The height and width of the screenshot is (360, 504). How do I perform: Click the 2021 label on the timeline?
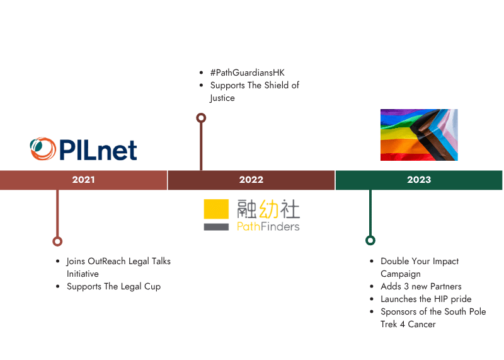pyautogui.click(x=83, y=180)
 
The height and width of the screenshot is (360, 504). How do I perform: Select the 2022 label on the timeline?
pyautogui.click(x=251, y=180)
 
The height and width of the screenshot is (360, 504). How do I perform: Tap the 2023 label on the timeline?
pyautogui.click(x=419, y=180)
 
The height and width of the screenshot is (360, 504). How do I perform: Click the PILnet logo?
pyautogui.click(x=84, y=149)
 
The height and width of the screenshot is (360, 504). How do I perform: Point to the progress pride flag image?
pyautogui.click(x=419, y=135)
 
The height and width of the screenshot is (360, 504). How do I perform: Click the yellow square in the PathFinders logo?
pyautogui.click(x=216, y=210)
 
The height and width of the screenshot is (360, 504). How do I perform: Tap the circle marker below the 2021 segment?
pyautogui.click(x=57, y=241)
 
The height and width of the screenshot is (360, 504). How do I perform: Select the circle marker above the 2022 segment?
pyautogui.click(x=201, y=117)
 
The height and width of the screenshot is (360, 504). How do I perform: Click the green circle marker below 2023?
pyautogui.click(x=370, y=240)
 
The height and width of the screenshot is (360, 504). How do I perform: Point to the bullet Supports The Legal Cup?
pyautogui.click(x=113, y=286)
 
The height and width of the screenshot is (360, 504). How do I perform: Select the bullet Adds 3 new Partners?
pyautogui.click(x=421, y=286)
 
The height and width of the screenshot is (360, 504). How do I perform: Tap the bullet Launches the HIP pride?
pyautogui.click(x=426, y=299)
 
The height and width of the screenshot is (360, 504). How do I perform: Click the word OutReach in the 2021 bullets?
pyautogui.click(x=112, y=261)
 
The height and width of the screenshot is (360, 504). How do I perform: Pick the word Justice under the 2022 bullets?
pyautogui.click(x=222, y=98)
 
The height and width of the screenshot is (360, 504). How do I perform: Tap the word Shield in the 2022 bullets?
pyautogui.click(x=273, y=85)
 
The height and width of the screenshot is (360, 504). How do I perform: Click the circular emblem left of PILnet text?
pyautogui.click(x=43, y=149)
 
